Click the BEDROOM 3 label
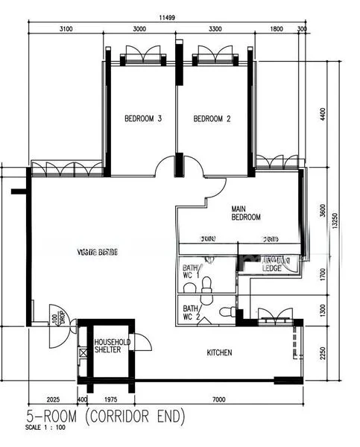click(143, 118)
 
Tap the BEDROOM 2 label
click(212, 118)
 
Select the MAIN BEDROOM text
click(246, 212)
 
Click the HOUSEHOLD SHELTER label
click(113, 347)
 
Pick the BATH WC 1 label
click(191, 272)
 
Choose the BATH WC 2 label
click(191, 312)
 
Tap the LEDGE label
click(271, 267)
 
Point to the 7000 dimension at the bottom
click(218, 400)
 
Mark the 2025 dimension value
click(52, 400)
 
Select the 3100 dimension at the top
click(66, 30)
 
